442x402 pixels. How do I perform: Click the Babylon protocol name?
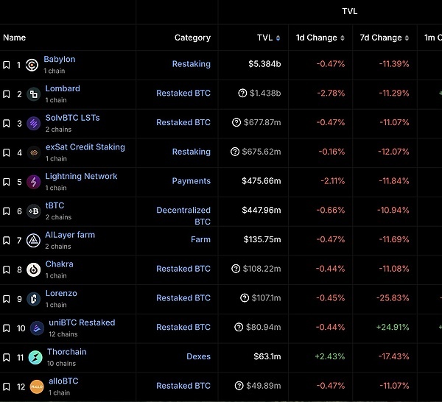pyautogui.click(x=59, y=60)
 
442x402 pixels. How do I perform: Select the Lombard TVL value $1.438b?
pyautogui.click(x=264, y=94)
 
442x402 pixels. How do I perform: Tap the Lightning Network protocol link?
pyautogui.click(x=81, y=177)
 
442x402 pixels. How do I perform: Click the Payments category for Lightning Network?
pyautogui.click(x=191, y=181)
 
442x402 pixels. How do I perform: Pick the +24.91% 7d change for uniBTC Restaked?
pyautogui.click(x=392, y=327)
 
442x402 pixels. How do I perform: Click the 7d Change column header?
pyautogui.click(x=382, y=38)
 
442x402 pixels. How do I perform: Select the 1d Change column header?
pyautogui.click(x=316, y=38)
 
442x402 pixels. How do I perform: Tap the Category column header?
pyautogui.click(x=192, y=38)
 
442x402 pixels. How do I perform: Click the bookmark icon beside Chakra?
pyautogui.click(x=7, y=269)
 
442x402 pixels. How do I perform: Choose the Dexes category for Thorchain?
pyautogui.click(x=198, y=356)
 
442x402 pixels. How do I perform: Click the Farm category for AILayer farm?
pyautogui.click(x=200, y=239)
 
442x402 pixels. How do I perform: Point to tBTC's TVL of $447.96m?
pyautogui.click(x=262, y=211)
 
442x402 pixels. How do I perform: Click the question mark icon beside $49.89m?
pyautogui.click(x=239, y=386)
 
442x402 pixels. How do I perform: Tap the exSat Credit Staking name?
pyautogui.click(x=85, y=147)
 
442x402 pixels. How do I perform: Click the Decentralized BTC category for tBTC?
pyautogui.click(x=183, y=216)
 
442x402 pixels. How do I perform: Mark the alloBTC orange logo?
pyautogui.click(x=36, y=387)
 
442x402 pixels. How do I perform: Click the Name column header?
pyautogui.click(x=14, y=38)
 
